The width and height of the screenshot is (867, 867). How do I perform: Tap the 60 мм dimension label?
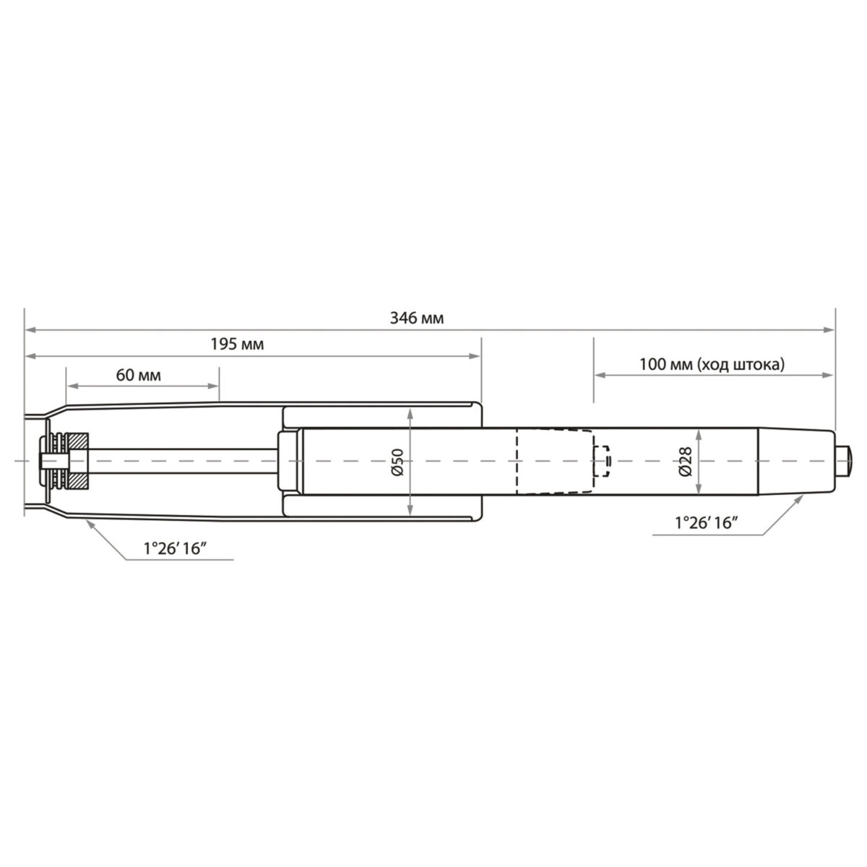pyautogui.click(x=138, y=376)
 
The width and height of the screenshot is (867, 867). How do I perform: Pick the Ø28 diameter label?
pyautogui.click(x=686, y=460)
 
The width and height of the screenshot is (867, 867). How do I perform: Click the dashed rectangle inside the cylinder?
pyautogui.click(x=553, y=461)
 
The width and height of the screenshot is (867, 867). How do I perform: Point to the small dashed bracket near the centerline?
pyautogui.click(x=601, y=461)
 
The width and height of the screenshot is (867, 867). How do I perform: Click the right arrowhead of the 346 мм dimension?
pyautogui.click(x=830, y=330)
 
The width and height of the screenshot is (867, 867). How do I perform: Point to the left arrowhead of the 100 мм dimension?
pyautogui.click(x=599, y=374)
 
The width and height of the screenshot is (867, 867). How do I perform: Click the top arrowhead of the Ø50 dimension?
pyautogui.click(x=410, y=413)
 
